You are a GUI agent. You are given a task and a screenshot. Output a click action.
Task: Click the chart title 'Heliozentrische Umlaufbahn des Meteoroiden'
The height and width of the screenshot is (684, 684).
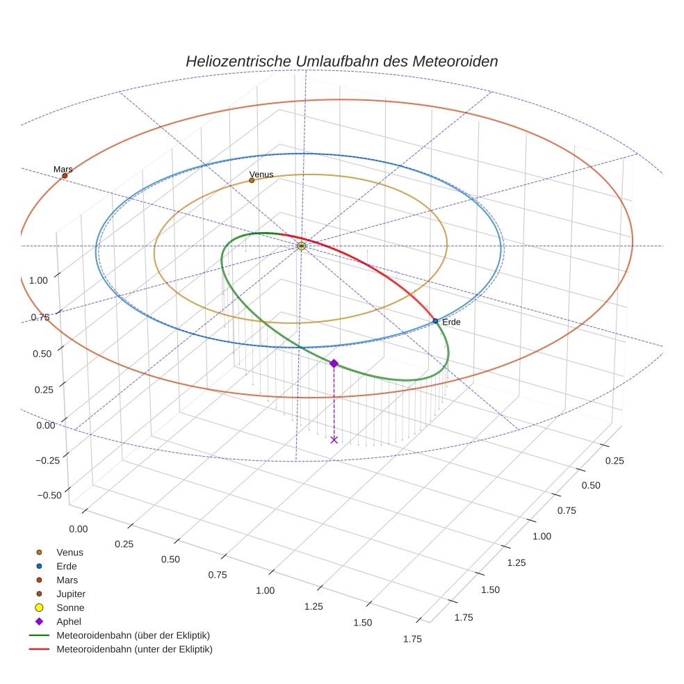click(341, 61)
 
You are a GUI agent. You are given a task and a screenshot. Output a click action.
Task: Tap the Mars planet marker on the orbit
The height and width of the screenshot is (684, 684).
click(65, 176)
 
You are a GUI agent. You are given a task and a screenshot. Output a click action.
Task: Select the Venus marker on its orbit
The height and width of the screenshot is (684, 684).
click(252, 181)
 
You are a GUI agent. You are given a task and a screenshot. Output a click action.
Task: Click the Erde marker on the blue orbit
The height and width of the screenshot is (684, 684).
click(435, 321)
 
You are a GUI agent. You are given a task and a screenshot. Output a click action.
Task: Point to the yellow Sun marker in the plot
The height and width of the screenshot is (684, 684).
click(301, 246)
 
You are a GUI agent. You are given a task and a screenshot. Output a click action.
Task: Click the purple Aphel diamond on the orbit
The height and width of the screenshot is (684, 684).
click(334, 364)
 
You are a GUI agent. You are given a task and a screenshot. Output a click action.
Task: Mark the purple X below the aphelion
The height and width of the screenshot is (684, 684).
click(334, 439)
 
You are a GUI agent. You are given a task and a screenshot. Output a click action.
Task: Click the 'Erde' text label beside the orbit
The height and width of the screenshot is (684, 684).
click(451, 323)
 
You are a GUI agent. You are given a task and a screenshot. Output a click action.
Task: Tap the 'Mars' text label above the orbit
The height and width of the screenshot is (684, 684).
click(63, 170)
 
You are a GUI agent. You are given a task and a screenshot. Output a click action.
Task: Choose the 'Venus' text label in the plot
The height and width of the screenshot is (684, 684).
click(261, 174)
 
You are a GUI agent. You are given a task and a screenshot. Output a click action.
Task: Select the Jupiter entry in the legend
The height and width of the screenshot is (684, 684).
click(71, 594)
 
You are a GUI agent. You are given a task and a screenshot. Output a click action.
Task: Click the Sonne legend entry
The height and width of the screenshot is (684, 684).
click(70, 608)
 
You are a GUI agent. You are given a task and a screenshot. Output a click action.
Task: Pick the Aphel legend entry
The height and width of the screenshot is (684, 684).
click(69, 621)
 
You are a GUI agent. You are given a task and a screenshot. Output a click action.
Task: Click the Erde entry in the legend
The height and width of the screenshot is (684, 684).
click(67, 566)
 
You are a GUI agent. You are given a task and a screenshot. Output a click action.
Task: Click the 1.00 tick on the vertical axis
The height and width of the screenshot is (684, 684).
click(38, 279)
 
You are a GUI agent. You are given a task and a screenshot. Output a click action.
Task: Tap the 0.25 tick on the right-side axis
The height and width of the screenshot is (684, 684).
click(615, 461)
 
